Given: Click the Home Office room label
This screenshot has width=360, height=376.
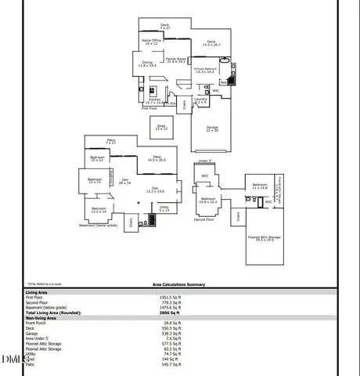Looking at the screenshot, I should [150, 41].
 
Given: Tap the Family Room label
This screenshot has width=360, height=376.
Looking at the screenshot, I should [175, 60].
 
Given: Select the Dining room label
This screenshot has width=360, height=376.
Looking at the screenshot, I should [147, 64].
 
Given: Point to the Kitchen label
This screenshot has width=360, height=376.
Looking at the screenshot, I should [154, 100].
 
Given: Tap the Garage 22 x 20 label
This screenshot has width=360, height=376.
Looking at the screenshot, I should [212, 128].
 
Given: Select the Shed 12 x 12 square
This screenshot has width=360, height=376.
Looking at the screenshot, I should [161, 127].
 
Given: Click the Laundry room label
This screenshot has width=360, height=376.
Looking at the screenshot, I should [201, 100].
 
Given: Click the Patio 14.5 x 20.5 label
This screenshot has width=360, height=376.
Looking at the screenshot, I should [157, 158].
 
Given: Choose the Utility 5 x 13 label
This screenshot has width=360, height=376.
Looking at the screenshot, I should [164, 208].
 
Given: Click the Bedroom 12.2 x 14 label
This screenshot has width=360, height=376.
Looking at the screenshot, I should [99, 210].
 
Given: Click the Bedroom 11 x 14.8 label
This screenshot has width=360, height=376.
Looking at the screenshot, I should [260, 186].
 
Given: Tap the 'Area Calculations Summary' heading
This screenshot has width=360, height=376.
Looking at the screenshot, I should [178, 285].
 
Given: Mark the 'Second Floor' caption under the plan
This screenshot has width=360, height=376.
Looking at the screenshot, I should [204, 219].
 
